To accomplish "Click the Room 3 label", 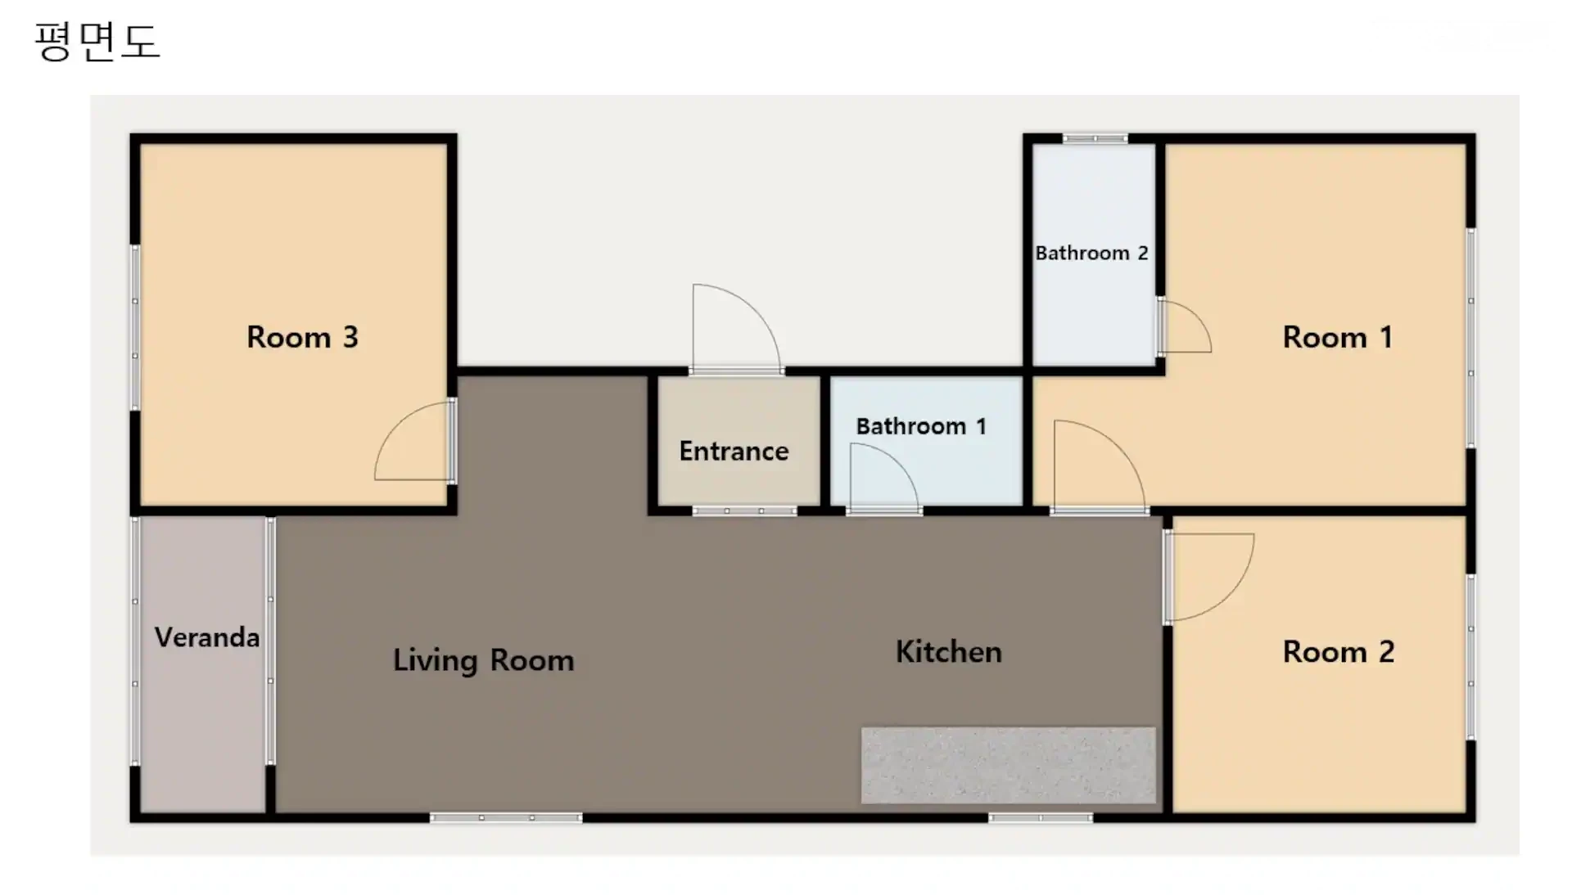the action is (x=302, y=337).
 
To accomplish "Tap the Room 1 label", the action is (x=1337, y=337).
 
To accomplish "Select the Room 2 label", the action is (x=1338, y=652).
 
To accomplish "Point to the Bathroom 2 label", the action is (x=1091, y=253).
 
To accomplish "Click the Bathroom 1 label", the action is (x=921, y=426).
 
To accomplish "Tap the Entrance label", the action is (x=734, y=451).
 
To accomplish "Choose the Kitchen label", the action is (x=948, y=652).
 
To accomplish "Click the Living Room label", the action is (x=483, y=660).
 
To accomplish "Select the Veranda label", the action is (x=207, y=637).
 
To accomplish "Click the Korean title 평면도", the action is (x=97, y=41).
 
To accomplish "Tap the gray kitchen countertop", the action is (x=1009, y=765).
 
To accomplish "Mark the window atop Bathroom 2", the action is (x=1095, y=138).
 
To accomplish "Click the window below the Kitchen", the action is (x=1040, y=817).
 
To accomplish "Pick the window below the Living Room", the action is (x=506, y=817).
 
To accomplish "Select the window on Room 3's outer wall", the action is (x=135, y=327).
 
